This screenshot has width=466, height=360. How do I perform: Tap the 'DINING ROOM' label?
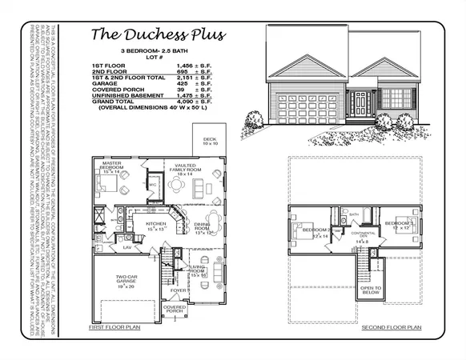pos(206,230)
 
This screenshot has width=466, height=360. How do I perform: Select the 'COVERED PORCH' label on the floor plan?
pos(175,309)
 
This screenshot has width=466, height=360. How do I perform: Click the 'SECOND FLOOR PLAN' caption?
pos(392,327)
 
